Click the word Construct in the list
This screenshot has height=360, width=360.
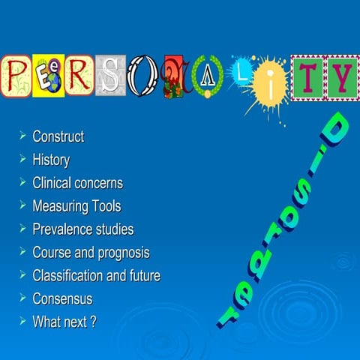(58, 136)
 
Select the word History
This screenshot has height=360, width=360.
(51, 160)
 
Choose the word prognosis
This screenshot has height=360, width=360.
(124, 253)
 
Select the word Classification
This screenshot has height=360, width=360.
(67, 275)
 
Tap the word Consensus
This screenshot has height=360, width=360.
(62, 298)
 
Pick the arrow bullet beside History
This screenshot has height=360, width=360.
(22, 159)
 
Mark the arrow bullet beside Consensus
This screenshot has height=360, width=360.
(22, 298)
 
